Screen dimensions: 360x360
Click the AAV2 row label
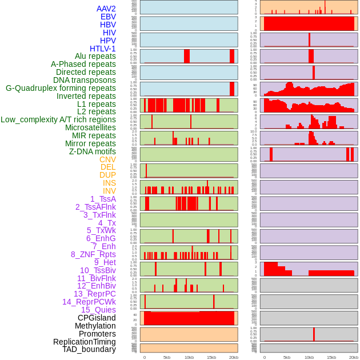click(x=106, y=9)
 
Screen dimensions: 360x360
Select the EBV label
click(x=108, y=17)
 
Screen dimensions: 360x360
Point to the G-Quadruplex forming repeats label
click(x=61, y=88)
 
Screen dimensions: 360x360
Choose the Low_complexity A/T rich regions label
click(x=58, y=119)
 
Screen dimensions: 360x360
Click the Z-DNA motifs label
click(x=93, y=151)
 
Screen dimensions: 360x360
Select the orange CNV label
click(x=107, y=159)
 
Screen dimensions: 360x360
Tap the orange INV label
click(x=109, y=191)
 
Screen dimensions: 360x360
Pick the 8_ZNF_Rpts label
click(x=93, y=254)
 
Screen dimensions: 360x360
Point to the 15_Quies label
click(x=98, y=310)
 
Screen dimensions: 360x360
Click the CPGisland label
click(x=97, y=318)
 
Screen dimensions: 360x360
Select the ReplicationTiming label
click(x=84, y=342)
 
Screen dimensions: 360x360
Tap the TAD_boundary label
click(x=89, y=349)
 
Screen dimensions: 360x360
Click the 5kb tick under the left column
click(x=167, y=357)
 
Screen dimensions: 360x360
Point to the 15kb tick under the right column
click(x=331, y=357)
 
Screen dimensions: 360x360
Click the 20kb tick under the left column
click(x=234, y=357)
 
